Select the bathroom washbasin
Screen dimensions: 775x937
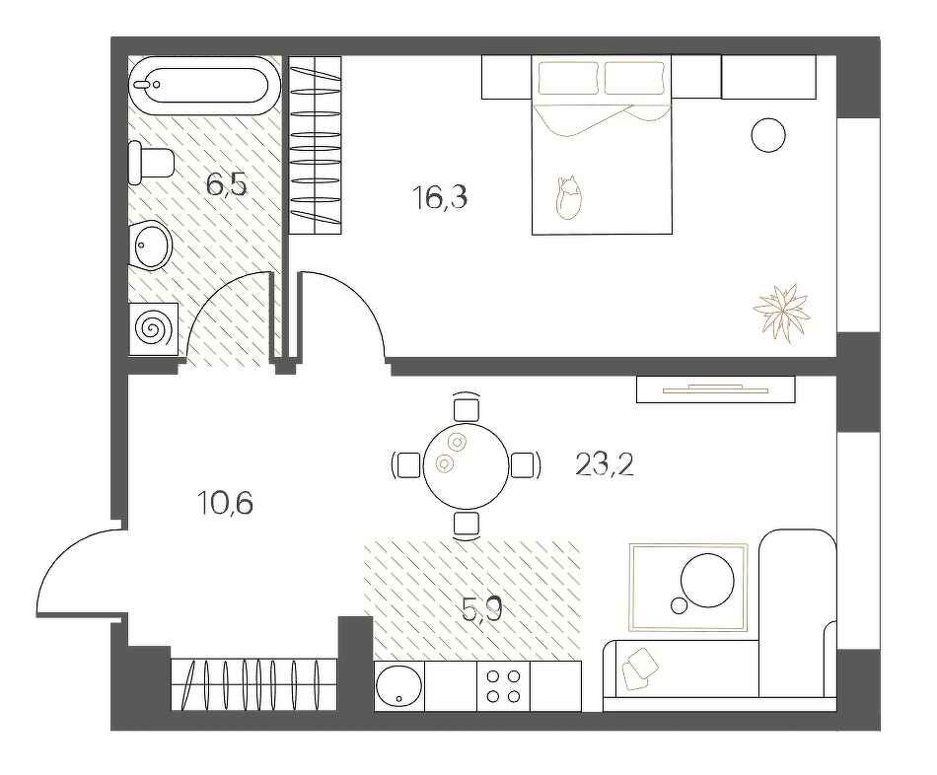[152, 243]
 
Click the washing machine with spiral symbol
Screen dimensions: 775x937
[154, 327]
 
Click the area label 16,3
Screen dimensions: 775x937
[439, 198]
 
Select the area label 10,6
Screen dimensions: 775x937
[226, 504]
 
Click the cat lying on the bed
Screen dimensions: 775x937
[567, 197]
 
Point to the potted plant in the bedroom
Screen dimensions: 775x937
[781, 312]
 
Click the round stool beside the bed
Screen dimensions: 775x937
[768, 135]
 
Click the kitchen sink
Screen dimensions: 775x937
[399, 686]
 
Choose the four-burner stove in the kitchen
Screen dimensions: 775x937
[503, 686]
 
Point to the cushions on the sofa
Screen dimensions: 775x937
[641, 666]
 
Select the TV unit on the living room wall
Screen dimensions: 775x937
[715, 389]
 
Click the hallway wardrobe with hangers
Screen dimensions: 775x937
[254, 683]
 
